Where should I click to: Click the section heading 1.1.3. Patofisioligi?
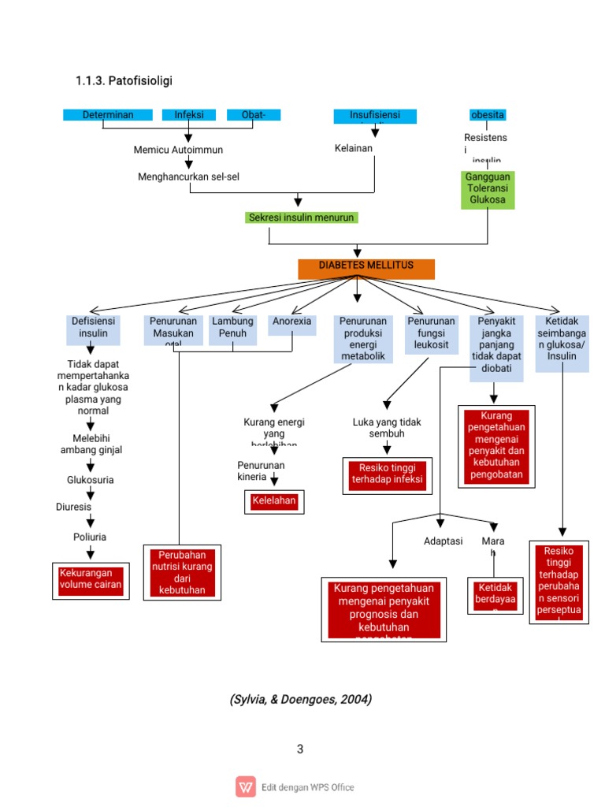coord(124,81)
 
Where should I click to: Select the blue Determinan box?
coord(108,115)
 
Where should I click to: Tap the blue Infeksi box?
coord(189,115)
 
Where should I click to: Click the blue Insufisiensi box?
coord(374,115)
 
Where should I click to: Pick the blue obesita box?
coord(488,115)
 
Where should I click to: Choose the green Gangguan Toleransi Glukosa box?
coord(488,189)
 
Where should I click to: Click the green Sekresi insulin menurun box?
coord(302,218)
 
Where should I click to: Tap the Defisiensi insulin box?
coord(94,329)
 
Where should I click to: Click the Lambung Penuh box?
coord(232,329)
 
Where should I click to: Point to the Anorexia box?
coord(291,323)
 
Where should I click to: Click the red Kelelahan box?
coord(275,501)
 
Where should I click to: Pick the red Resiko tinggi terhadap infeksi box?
coord(387,475)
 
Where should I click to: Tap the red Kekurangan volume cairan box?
coord(91,580)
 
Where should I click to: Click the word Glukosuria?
coord(91,479)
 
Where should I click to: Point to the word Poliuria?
coord(90,537)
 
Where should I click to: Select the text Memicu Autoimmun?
coord(178,150)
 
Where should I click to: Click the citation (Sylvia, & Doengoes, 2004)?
coord(301,699)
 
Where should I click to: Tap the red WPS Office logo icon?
coord(246,787)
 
